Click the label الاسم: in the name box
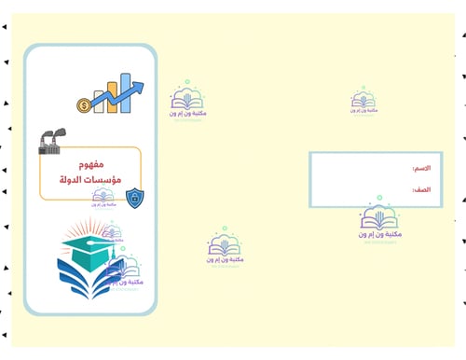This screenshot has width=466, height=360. (421, 169)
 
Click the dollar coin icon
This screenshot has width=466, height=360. (85, 105)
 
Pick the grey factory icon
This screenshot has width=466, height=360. (48, 141)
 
